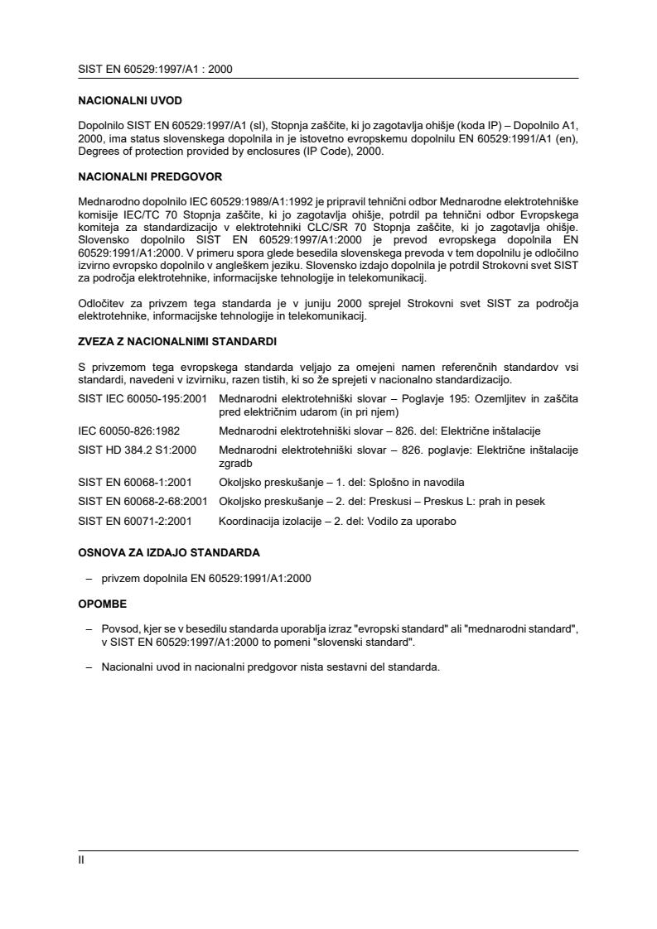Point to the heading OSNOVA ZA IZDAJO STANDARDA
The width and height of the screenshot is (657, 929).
[x=169, y=552]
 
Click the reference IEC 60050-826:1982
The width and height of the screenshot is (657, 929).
[x=128, y=431]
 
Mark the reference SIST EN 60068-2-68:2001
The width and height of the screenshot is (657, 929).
[x=142, y=501]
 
